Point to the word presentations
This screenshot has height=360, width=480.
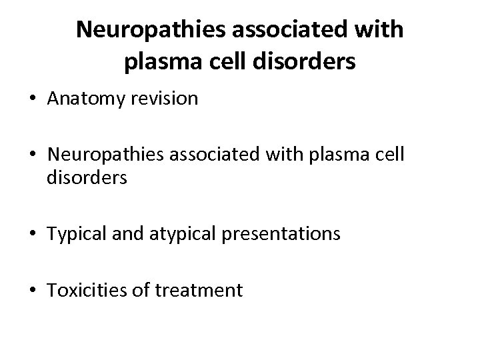point(283,234)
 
